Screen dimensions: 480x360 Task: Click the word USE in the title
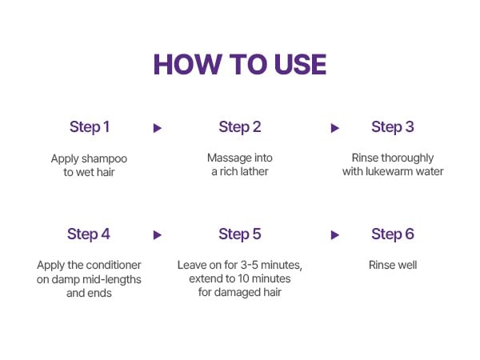(x=300, y=64)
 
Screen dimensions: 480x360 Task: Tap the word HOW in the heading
(x=188, y=64)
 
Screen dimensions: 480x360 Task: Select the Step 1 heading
(x=90, y=127)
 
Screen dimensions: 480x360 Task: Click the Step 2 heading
(x=240, y=127)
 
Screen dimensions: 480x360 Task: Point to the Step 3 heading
(x=393, y=127)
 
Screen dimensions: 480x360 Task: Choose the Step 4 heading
(x=89, y=234)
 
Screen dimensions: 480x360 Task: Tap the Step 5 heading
(x=240, y=234)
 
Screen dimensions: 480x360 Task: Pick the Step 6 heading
(x=393, y=234)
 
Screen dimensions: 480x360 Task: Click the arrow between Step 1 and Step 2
(x=158, y=128)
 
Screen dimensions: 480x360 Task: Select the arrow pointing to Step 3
(x=335, y=128)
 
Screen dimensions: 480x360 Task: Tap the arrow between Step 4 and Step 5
(x=158, y=235)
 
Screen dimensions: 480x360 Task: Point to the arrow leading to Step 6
(x=335, y=235)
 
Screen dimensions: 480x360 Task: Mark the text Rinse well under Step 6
(x=393, y=265)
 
